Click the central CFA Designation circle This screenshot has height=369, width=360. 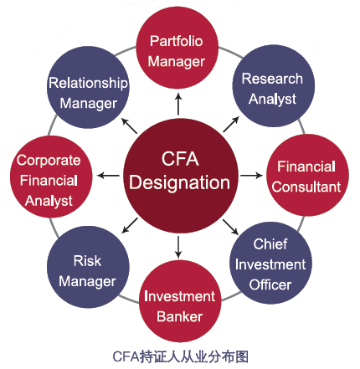[x=181, y=176]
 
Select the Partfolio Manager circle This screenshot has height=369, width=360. [x=177, y=48]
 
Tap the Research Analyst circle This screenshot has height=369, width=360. [x=274, y=86]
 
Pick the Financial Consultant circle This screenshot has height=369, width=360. [x=307, y=175]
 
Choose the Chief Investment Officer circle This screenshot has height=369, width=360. [x=270, y=263]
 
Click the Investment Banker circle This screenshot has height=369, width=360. [x=180, y=301]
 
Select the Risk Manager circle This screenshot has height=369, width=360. [x=88, y=267]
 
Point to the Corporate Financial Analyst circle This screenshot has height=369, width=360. [x=51, y=177]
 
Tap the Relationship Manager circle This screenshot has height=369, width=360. [x=88, y=87]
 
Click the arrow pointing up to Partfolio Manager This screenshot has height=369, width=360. [x=178, y=104]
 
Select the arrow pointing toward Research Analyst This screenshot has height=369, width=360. [x=231, y=125]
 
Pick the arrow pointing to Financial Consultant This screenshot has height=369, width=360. [x=251, y=176]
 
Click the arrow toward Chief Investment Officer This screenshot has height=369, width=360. [x=230, y=227]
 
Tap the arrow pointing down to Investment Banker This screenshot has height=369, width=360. [x=178, y=247]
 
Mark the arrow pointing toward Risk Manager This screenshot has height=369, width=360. [x=130, y=225]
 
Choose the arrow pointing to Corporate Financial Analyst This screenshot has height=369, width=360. [x=108, y=176]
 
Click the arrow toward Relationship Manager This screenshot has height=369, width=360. [x=130, y=126]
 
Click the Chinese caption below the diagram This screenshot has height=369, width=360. [x=180, y=356]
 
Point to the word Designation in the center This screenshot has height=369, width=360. [x=180, y=183]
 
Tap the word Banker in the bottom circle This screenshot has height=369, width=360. [x=180, y=316]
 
